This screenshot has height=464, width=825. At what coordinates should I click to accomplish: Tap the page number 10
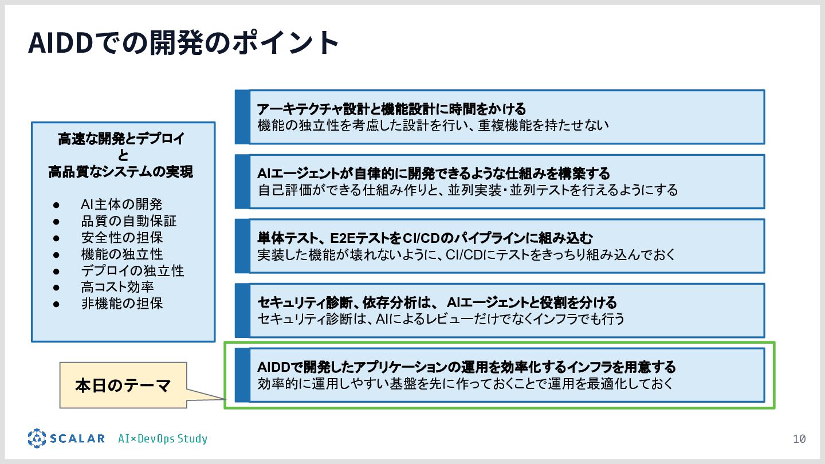(799, 439)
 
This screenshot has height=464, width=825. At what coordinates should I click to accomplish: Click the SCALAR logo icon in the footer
(37, 438)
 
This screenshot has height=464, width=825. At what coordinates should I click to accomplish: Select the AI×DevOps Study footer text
(163, 439)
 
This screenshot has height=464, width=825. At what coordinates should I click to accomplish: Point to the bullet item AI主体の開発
(121, 205)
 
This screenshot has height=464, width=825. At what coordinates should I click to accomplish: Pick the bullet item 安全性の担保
(122, 238)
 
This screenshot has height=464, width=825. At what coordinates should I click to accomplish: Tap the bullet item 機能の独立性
(122, 254)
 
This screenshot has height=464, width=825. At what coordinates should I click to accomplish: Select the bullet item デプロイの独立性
(132, 270)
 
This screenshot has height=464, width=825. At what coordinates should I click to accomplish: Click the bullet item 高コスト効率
(117, 287)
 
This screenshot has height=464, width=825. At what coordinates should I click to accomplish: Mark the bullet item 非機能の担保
(122, 304)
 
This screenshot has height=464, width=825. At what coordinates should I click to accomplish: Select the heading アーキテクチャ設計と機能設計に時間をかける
(391, 109)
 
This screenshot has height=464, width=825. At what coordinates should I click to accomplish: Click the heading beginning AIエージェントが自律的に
(434, 173)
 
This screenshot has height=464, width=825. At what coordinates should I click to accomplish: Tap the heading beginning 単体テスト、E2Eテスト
(425, 238)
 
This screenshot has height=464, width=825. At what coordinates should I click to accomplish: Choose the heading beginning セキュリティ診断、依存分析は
(437, 302)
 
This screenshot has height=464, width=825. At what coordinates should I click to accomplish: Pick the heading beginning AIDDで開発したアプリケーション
(466, 367)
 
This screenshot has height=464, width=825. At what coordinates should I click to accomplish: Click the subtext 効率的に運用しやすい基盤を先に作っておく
(465, 383)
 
